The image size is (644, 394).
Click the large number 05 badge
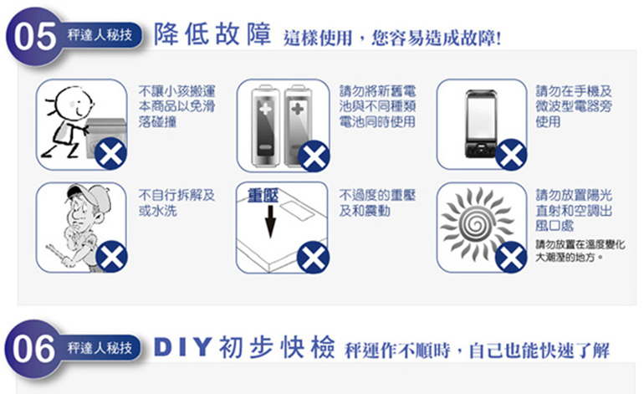click(x=34, y=36)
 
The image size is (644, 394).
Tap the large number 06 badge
click(x=33, y=349)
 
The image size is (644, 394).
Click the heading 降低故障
click(x=212, y=33)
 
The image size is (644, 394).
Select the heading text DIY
click(x=183, y=348)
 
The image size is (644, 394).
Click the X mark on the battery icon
click(x=314, y=156)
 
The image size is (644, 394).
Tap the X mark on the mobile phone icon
click(x=511, y=155)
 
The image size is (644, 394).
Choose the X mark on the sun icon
click(x=511, y=257)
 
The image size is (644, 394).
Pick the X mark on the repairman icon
click(x=112, y=257)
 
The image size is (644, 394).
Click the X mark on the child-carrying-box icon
click(x=111, y=154)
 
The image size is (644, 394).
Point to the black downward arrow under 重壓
click(x=270, y=222)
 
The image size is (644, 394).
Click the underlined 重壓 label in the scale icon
click(x=263, y=196)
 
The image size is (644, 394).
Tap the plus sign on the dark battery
click(x=265, y=109)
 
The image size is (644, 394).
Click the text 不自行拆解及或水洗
click(x=176, y=203)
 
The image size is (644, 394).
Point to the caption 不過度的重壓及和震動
click(x=377, y=203)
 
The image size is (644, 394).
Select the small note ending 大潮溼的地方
click(x=580, y=251)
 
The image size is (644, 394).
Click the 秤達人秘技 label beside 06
click(x=100, y=348)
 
